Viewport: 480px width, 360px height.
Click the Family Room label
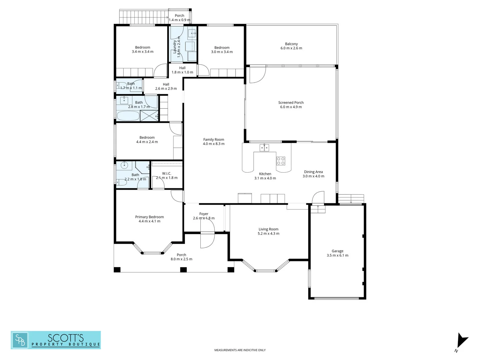[214, 140]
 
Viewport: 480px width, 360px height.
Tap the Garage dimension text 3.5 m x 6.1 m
[337, 256]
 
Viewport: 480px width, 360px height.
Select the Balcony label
[291, 44]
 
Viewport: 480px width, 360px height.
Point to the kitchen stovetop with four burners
[281, 161]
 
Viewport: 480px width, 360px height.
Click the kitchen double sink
[264, 147]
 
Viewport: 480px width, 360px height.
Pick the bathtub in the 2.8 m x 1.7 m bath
[128, 116]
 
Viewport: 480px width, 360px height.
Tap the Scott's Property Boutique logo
[56, 340]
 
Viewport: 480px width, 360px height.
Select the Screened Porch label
[291, 103]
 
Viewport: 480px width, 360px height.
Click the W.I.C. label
[167, 173]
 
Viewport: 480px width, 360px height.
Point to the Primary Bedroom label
[149, 217]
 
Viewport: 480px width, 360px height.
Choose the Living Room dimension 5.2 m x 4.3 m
[268, 234]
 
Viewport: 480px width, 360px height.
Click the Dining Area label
[313, 172]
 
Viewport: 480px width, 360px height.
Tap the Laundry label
[175, 47]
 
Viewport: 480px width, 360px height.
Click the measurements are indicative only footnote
[240, 350]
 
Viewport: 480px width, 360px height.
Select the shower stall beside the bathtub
[149, 116]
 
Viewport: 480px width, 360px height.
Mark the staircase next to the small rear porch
[144, 17]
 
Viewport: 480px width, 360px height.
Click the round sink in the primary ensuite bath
[125, 165]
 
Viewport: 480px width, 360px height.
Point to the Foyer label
[204, 214]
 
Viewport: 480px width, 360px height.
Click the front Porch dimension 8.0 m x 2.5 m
[181, 259]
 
